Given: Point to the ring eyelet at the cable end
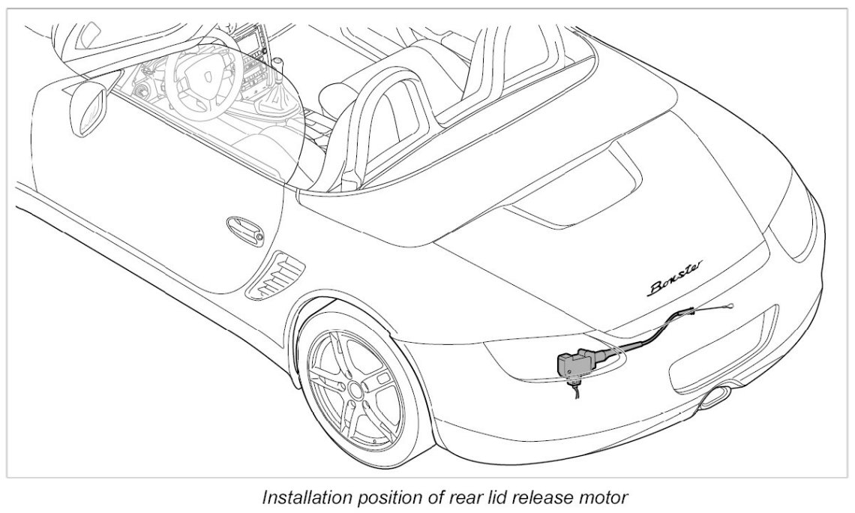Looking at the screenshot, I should (730, 303).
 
